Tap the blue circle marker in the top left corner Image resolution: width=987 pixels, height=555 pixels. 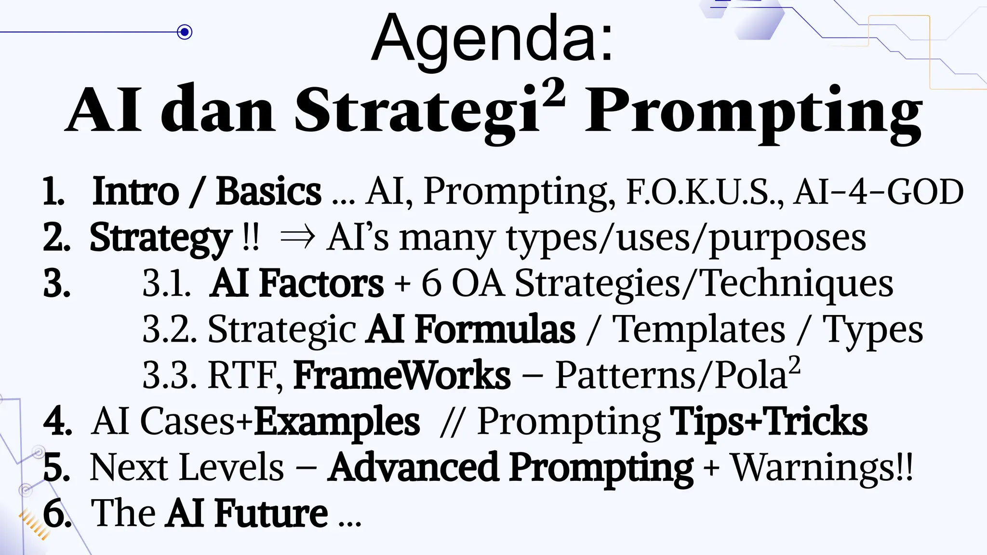pos(184,32)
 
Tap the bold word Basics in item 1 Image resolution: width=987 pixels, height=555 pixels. pos(268,192)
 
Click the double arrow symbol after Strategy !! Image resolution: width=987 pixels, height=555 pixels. pos(297,238)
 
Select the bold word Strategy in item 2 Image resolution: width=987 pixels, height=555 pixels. pos(160,238)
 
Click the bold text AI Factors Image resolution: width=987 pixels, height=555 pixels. pos(296,284)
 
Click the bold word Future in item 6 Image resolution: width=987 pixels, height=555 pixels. pos(271,514)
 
